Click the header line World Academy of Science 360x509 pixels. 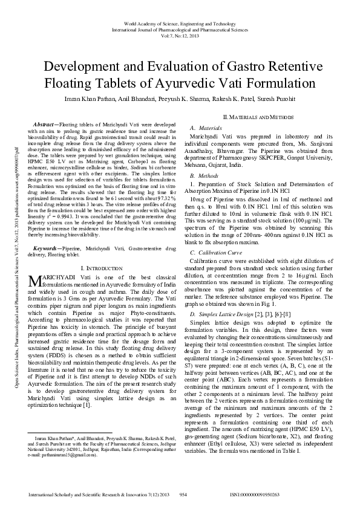(x=180, y=22)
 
